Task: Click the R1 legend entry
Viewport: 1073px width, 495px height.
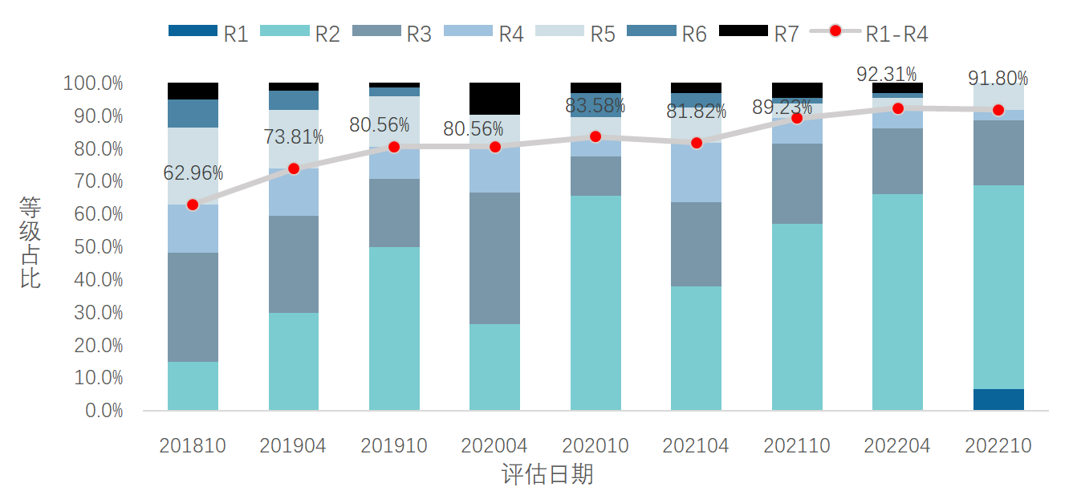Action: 208,33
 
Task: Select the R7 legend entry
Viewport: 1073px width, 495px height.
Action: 758,33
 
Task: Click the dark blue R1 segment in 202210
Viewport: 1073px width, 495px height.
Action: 998,400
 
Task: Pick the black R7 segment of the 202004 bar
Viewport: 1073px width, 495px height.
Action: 494,98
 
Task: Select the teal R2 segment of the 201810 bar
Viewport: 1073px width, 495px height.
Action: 193,386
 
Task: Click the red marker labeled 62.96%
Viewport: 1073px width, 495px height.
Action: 193,205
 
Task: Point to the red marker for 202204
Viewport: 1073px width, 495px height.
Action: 898,108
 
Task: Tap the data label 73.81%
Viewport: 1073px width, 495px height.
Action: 294,137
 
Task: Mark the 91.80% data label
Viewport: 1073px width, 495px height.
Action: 998,79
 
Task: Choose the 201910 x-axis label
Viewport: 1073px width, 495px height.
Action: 394,446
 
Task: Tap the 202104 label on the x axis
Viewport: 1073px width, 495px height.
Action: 696,446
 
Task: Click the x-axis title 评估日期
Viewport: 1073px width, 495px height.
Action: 547,474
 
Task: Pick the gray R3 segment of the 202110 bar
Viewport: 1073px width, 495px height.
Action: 797,183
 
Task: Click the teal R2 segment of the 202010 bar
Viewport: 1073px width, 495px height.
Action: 595,303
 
